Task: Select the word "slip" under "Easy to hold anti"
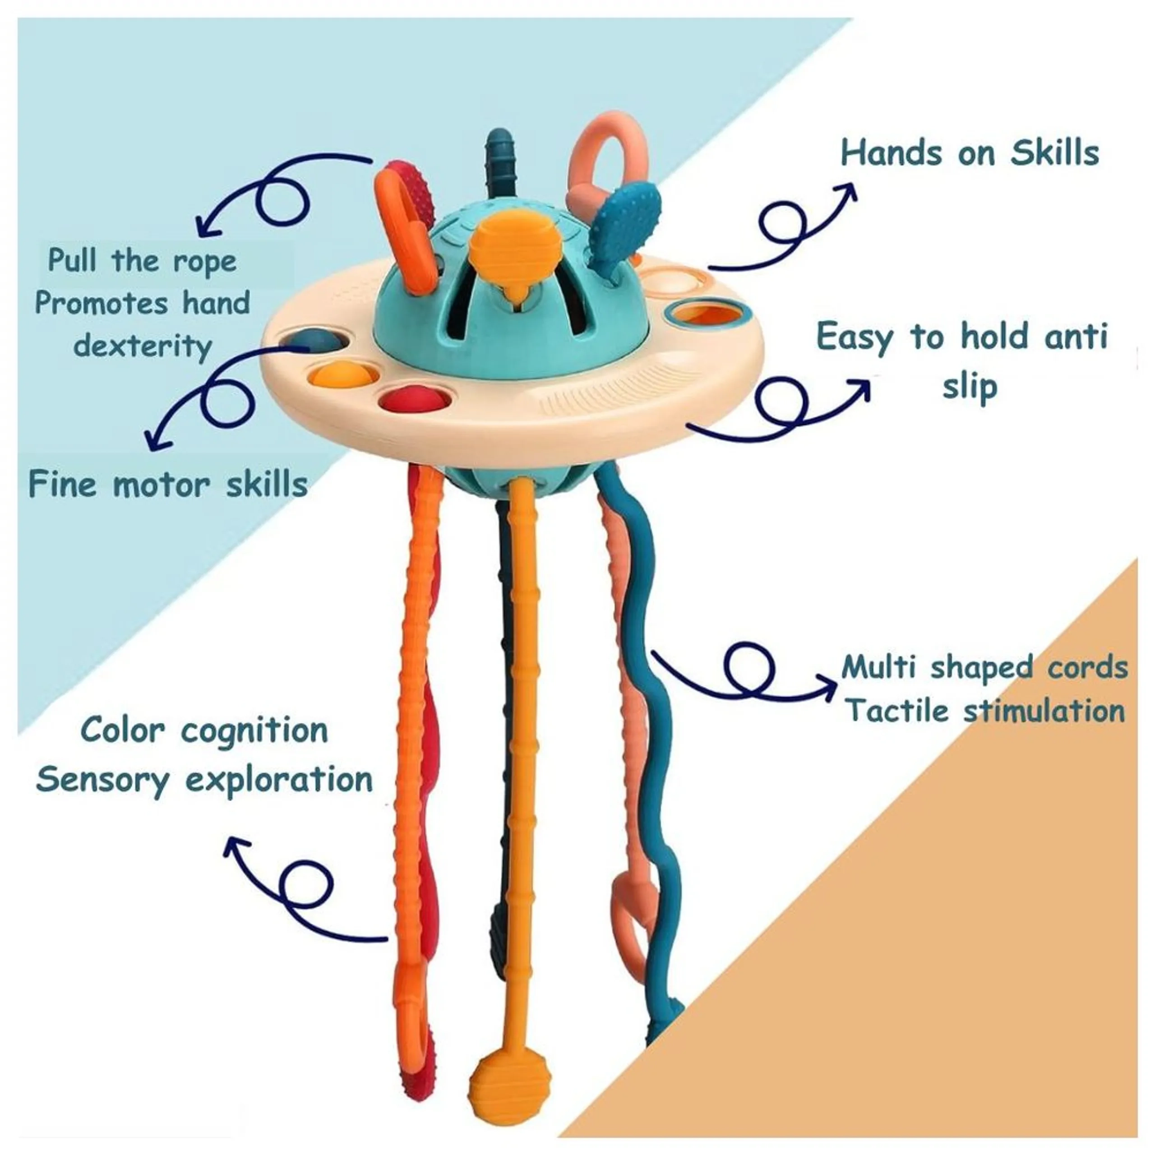point(970,386)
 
